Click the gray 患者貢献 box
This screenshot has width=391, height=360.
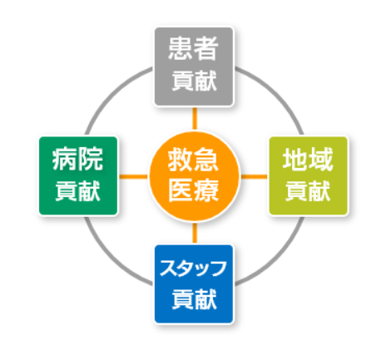(x=194, y=67)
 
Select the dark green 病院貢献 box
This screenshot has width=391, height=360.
(x=78, y=175)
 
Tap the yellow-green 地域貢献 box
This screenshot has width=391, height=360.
(x=309, y=175)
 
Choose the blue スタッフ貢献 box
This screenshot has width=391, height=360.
(x=194, y=284)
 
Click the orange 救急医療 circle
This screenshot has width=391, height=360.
(x=194, y=176)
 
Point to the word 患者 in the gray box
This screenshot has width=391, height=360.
(x=194, y=49)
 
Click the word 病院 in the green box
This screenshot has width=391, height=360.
(x=78, y=159)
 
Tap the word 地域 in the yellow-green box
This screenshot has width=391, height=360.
(x=308, y=159)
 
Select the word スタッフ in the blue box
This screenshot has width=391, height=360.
(x=193, y=268)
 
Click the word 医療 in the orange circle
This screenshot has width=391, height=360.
(x=194, y=190)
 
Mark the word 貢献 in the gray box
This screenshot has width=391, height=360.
(x=194, y=81)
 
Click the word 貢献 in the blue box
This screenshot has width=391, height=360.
(x=194, y=299)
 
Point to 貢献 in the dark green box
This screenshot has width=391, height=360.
(x=78, y=191)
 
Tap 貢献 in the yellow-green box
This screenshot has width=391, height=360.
(x=308, y=191)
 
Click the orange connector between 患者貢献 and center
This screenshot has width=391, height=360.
(x=195, y=119)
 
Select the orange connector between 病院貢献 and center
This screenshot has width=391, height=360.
(x=133, y=176)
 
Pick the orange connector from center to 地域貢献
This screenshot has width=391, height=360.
(x=255, y=176)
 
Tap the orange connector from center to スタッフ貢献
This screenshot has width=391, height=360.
(x=195, y=233)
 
